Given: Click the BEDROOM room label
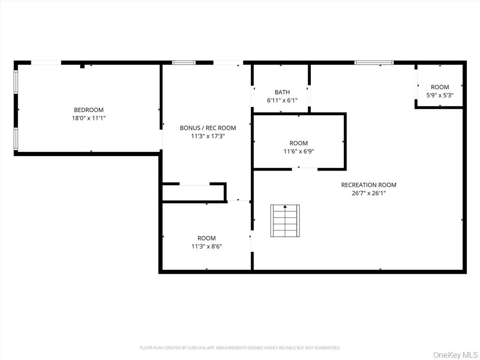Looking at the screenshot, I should point(89,110).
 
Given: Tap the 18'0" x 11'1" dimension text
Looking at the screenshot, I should point(89,119).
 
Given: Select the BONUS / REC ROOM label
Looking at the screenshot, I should point(208,128).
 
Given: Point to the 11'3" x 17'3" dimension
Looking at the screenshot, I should point(208,136).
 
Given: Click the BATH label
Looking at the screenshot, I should point(282,92).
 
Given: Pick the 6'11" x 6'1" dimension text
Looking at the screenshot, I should point(282,100).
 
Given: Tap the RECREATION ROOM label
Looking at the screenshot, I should point(368,185).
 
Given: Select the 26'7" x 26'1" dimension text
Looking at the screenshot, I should point(368,193).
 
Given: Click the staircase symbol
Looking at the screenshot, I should point(285,221).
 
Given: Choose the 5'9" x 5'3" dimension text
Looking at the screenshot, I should point(440,95).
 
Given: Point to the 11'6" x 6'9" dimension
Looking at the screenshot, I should point(299,151).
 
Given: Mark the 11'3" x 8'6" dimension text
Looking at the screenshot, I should point(206,246).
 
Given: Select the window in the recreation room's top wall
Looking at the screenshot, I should point(374,62).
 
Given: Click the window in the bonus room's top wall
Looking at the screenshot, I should point(184,62).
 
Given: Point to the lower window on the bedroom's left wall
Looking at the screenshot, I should point(15,139).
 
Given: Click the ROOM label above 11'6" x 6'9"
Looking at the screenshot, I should point(299,143).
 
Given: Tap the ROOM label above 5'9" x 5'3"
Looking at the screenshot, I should point(440,87).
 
